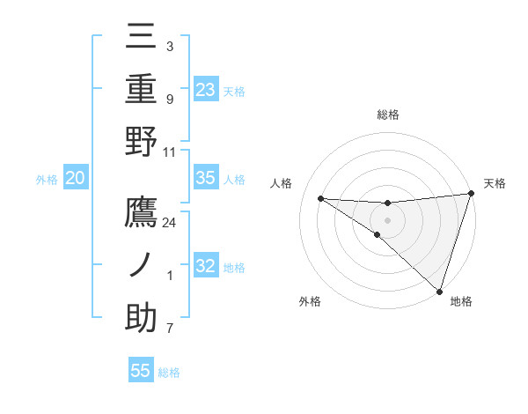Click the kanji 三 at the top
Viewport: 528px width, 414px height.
click(142, 38)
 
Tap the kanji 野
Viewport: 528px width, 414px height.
click(142, 142)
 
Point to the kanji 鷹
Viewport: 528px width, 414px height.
click(142, 213)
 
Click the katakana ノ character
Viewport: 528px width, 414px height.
click(142, 266)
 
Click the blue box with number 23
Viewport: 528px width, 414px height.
click(205, 89)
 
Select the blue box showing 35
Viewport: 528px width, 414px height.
click(205, 178)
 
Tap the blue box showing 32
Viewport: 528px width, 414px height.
click(205, 267)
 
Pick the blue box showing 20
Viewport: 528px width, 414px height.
click(75, 178)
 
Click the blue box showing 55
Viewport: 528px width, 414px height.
click(141, 371)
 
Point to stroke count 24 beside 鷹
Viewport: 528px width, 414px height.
click(170, 222)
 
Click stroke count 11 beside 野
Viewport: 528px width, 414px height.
click(170, 152)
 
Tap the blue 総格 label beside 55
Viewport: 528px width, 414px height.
click(169, 373)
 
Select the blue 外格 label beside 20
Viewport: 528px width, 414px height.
click(47, 180)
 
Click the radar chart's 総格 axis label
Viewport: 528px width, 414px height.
click(387, 115)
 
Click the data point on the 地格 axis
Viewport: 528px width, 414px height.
click(439, 291)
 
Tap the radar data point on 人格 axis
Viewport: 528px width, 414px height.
click(320, 198)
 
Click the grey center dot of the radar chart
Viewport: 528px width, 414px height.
click(387, 219)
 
